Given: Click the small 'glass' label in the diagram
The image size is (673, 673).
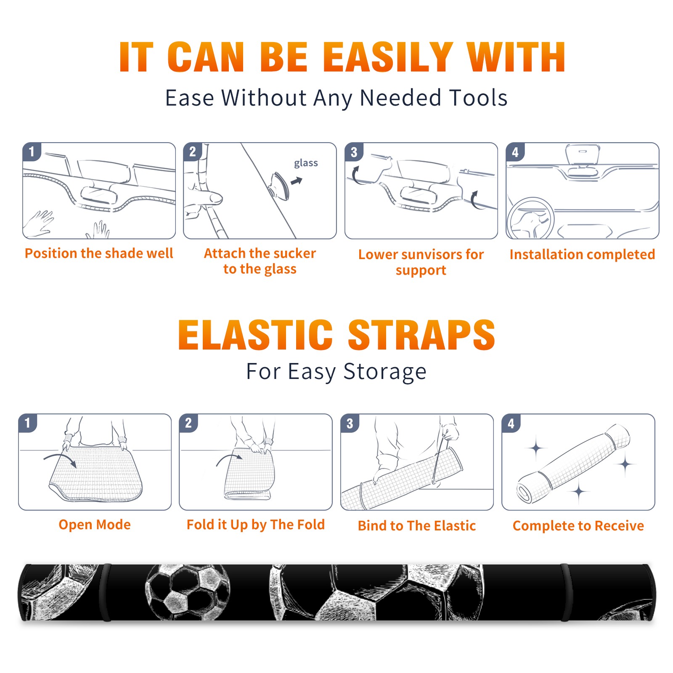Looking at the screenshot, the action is coord(306,163).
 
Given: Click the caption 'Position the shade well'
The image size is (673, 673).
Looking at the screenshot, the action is coord(99,253).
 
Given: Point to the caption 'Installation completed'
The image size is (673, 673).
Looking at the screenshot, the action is coord(582,254).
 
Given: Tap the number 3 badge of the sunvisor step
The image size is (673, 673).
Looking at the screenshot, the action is coord(354,152).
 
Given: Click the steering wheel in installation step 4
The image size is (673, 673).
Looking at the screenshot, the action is coord(531,218).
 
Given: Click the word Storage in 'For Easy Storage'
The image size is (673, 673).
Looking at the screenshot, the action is coord(385,372).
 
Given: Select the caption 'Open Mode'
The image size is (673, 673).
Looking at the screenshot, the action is coord(95,525).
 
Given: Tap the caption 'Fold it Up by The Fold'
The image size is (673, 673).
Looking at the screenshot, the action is coord(256,525).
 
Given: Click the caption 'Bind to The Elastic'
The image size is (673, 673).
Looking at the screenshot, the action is coord(417,526).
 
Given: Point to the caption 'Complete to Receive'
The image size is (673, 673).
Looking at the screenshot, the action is coord(578,526).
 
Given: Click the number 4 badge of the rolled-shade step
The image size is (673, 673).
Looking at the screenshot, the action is coord(511,423).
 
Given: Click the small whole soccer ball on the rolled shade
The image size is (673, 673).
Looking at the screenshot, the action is coord(188,592).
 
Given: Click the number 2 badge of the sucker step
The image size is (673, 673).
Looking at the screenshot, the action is coord(192,152).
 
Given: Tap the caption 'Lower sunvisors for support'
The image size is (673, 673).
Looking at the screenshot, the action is coord(421,262).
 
